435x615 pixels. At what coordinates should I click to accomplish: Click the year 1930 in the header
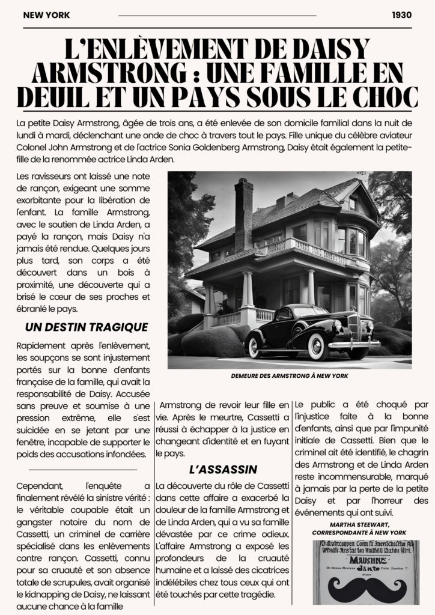[401, 15]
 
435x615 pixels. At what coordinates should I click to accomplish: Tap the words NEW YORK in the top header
[46, 15]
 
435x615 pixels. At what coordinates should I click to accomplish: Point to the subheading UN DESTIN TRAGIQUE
[87, 327]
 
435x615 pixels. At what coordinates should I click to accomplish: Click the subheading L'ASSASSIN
[223, 469]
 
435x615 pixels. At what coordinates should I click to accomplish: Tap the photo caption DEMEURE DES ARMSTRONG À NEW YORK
[290, 376]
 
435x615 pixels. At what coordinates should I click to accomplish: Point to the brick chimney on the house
[243, 213]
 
